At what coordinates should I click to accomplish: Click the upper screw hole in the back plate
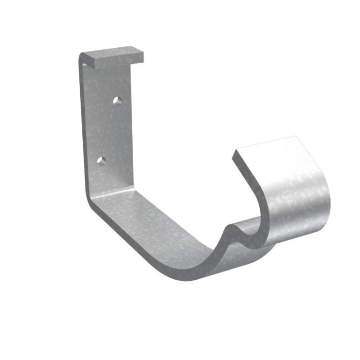pyautogui.click(x=118, y=100)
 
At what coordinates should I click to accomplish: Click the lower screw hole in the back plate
pyautogui.click(x=101, y=161)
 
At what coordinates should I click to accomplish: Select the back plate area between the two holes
pyautogui.click(x=109, y=131)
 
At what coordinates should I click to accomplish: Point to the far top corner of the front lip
pyautogui.click(x=296, y=137)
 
